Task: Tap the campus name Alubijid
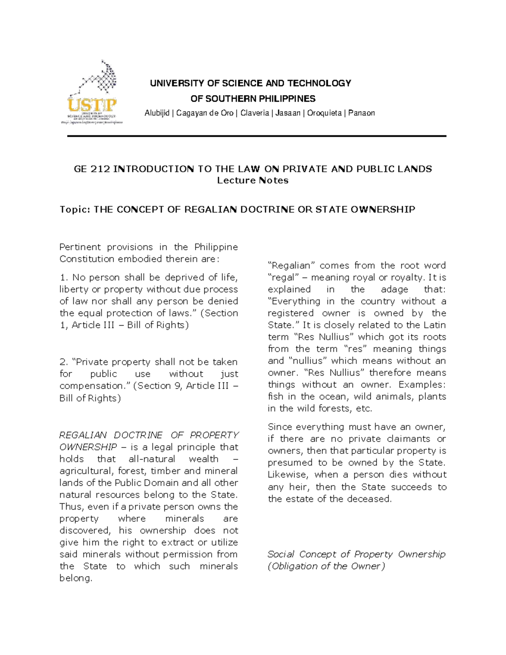coord(157,113)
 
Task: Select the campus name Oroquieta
coord(324,113)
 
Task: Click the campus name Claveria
coord(254,113)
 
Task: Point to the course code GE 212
coord(92,169)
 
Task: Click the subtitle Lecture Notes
coord(253,181)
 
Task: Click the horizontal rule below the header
coord(256,136)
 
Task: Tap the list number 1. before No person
coord(64,278)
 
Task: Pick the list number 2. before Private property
coord(64,362)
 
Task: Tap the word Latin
coord(433,325)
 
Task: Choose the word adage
coord(394,289)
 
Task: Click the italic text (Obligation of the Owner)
coord(326,566)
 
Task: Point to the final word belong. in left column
coord(75,578)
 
